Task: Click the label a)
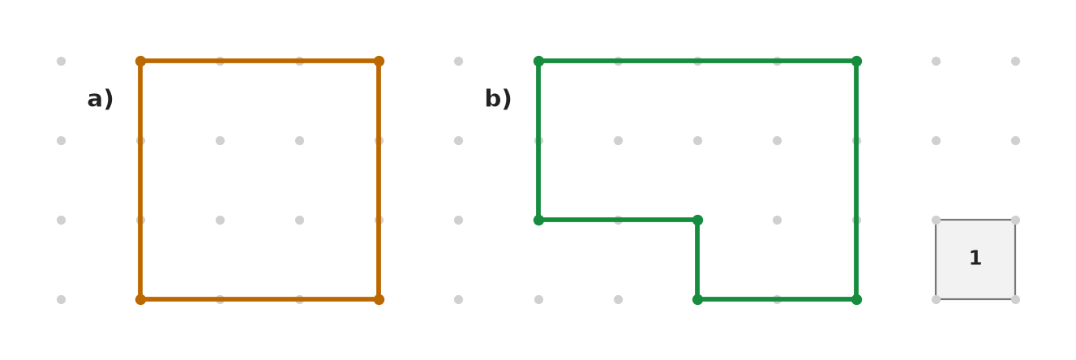pyautogui.click(x=101, y=99)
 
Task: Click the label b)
pyautogui.click(x=498, y=99)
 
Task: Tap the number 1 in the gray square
pyautogui.click(x=975, y=258)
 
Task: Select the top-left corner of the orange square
pyautogui.click(x=140, y=61)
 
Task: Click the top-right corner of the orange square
pyautogui.click(x=379, y=61)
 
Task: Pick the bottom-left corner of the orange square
pyautogui.click(x=140, y=299)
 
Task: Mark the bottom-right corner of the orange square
pyautogui.click(x=379, y=299)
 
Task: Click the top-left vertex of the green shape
pyautogui.click(x=538, y=61)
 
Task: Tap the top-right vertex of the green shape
pyautogui.click(x=856, y=61)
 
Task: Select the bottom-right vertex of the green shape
pyautogui.click(x=856, y=299)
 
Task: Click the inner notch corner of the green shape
pyautogui.click(x=697, y=220)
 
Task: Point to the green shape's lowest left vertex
pyautogui.click(x=697, y=299)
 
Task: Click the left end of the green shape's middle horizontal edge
pyautogui.click(x=538, y=220)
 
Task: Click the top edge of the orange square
pyautogui.click(x=259, y=61)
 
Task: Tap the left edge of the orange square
pyautogui.click(x=140, y=180)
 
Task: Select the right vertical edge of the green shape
pyautogui.click(x=856, y=180)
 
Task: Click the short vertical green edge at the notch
pyautogui.click(x=697, y=259)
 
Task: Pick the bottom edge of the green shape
pyautogui.click(x=777, y=299)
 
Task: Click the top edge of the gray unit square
pyautogui.click(x=975, y=220)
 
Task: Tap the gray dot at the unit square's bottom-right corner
pyautogui.click(x=1015, y=299)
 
